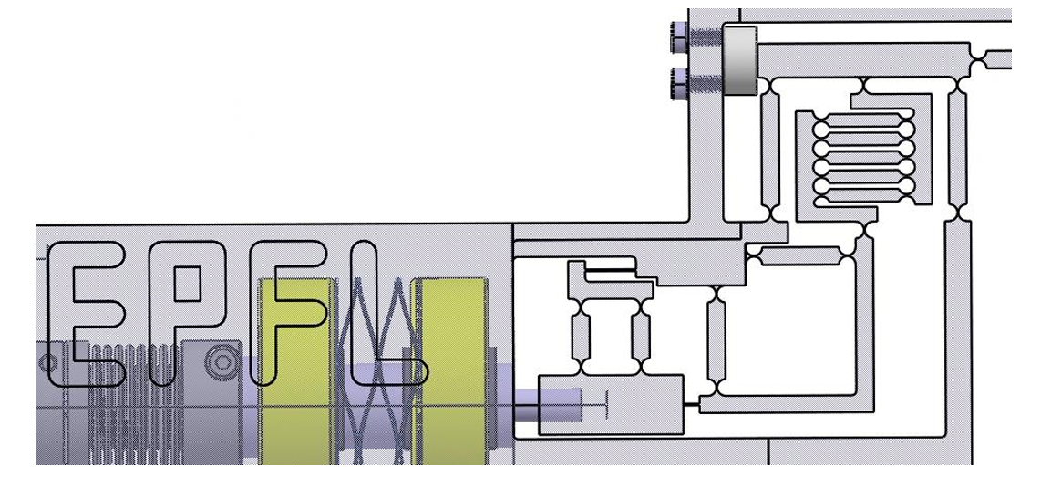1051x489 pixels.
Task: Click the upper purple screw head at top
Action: pos(681,39)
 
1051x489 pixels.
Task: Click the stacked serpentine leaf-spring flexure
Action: pos(861,155)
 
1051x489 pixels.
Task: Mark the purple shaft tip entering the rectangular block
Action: pos(547,401)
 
